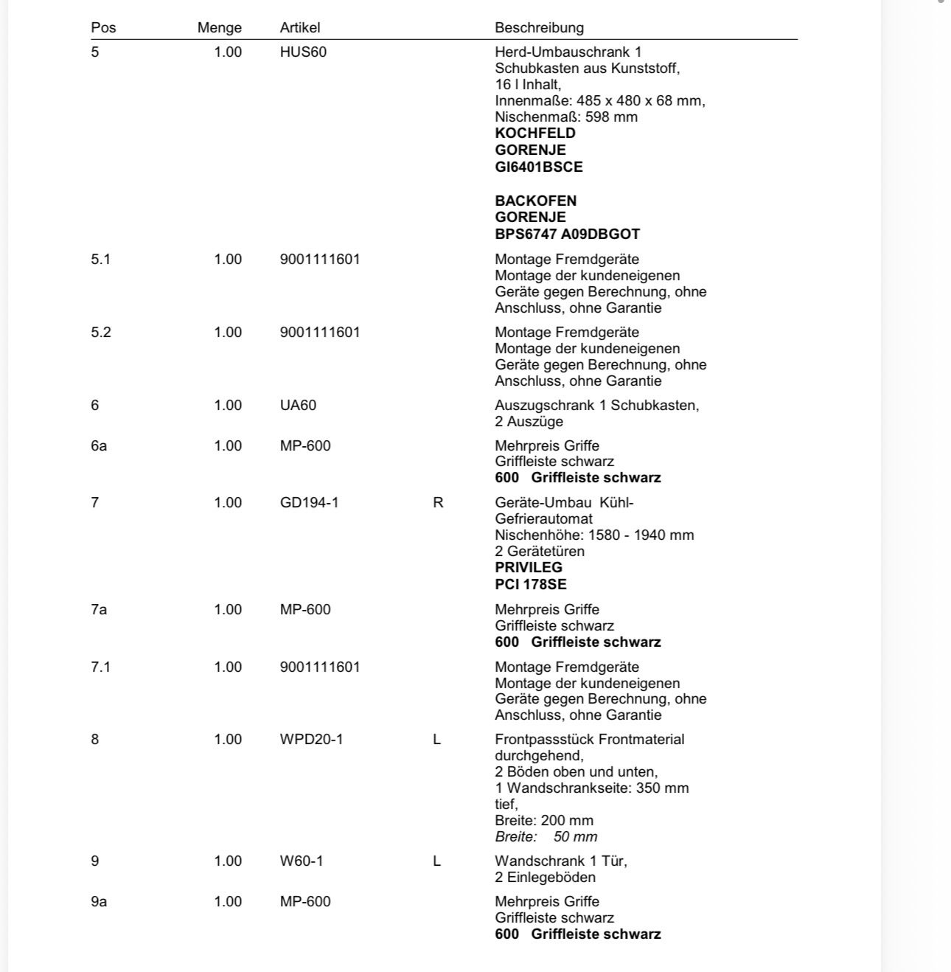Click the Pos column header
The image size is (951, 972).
pyautogui.click(x=103, y=28)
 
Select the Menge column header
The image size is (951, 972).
pyautogui.click(x=219, y=28)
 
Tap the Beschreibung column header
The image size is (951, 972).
pyautogui.click(x=539, y=28)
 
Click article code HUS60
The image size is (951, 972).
pyautogui.click(x=303, y=52)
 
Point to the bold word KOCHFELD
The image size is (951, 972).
pyautogui.click(x=535, y=133)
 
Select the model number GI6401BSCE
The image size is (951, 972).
pyautogui.click(x=539, y=167)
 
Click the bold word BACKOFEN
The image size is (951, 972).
pyautogui.click(x=536, y=201)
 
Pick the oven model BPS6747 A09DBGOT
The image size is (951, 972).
pyautogui.click(x=568, y=235)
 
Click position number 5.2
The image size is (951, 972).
pyautogui.click(x=101, y=333)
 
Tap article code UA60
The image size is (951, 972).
pyautogui.click(x=298, y=406)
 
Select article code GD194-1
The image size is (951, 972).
pyautogui.click(x=310, y=503)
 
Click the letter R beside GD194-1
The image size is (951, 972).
pyautogui.click(x=438, y=503)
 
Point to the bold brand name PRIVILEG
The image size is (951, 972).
pyautogui.click(x=529, y=568)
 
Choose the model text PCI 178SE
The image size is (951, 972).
pyautogui.click(x=531, y=585)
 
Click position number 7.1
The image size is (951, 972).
pyautogui.click(x=101, y=667)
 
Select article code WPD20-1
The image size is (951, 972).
pyautogui.click(x=311, y=740)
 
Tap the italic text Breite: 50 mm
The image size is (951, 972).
pyautogui.click(x=546, y=837)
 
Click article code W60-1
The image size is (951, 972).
pyautogui.click(x=302, y=861)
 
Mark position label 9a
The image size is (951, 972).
pyautogui.click(x=99, y=902)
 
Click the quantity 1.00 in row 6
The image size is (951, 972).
pyautogui.click(x=228, y=406)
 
